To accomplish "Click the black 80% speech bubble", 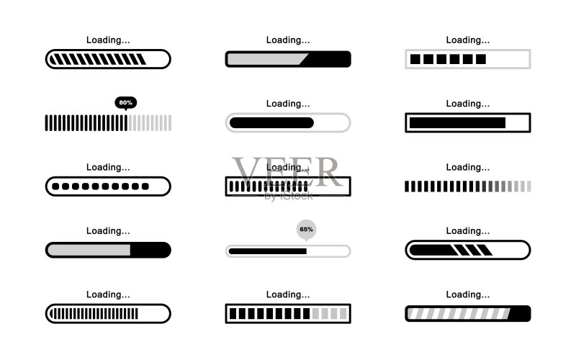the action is pyautogui.click(x=125, y=103).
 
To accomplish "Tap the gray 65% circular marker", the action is pyautogui.click(x=307, y=230).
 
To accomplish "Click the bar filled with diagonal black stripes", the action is pyautogui.click(x=108, y=59).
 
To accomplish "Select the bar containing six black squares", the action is pyautogui.click(x=467, y=59).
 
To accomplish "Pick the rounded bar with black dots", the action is pyautogui.click(x=108, y=186).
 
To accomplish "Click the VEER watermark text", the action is pyautogui.click(x=287, y=172).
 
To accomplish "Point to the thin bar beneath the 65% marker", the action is pyautogui.click(x=288, y=251).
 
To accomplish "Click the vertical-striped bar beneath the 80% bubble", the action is pyautogui.click(x=108, y=122).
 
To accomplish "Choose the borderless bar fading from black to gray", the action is pyautogui.click(x=467, y=186).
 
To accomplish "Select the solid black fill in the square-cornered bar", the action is pyautogui.click(x=457, y=122).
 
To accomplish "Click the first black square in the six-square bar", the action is pyautogui.click(x=415, y=59).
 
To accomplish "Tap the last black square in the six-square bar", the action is pyautogui.click(x=481, y=59).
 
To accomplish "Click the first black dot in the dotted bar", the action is pyautogui.click(x=55, y=186).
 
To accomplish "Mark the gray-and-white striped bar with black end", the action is pyautogui.click(x=467, y=314).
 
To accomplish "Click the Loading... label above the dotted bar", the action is pyautogui.click(x=108, y=168).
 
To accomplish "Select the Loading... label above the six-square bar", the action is pyautogui.click(x=467, y=40).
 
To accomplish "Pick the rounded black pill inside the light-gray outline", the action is pyautogui.click(x=271, y=122).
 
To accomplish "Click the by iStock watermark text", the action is pyautogui.click(x=289, y=196).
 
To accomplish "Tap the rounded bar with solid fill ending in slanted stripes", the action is pyautogui.click(x=467, y=250).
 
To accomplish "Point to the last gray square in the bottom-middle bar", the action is pyautogui.click(x=343, y=314).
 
